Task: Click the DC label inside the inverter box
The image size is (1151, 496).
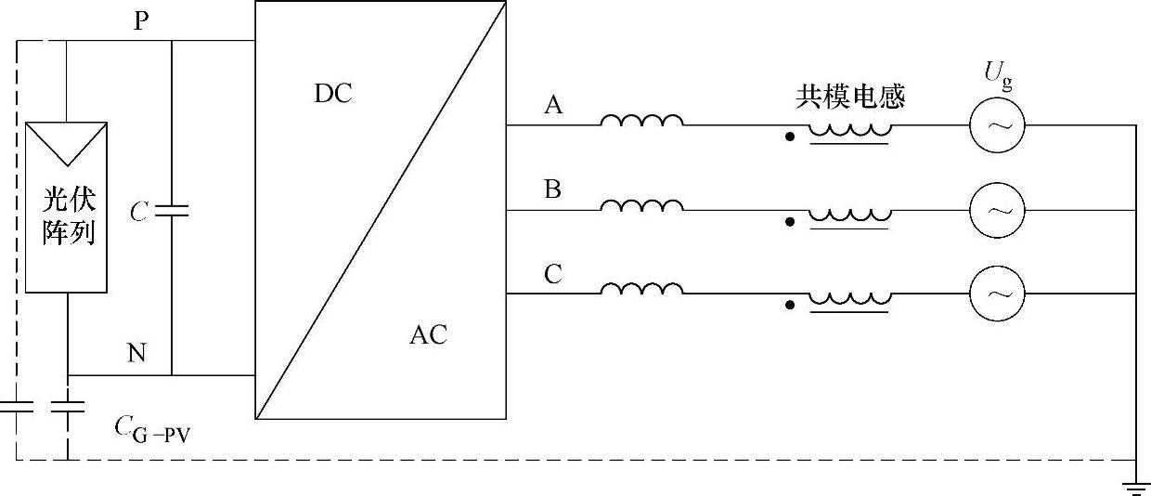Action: [333, 95]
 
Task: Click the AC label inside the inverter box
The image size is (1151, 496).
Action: [428, 335]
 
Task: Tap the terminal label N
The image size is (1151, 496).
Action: [136, 354]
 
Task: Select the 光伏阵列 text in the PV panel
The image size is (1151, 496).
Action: [69, 216]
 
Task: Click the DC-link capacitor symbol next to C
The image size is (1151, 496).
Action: [172, 212]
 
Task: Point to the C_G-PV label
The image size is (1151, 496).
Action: [152, 428]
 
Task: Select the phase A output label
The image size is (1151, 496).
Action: [553, 106]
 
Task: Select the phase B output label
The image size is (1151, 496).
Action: [553, 190]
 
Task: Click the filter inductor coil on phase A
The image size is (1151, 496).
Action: [641, 121]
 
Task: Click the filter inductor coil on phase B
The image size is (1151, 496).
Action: [641, 205]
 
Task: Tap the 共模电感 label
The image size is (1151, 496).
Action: [849, 95]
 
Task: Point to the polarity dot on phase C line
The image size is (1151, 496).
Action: [790, 305]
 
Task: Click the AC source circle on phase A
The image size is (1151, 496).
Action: [998, 124]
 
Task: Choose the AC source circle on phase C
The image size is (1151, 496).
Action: [998, 294]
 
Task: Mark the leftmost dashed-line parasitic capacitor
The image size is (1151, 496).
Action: [16, 406]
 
